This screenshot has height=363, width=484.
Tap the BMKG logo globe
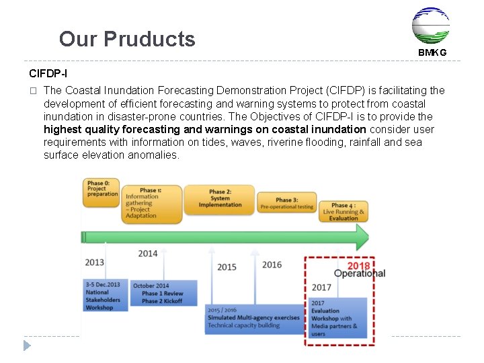tap(430, 26)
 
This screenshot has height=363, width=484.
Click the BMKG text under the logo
tap(432, 52)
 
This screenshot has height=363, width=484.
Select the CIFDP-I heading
tap(48, 73)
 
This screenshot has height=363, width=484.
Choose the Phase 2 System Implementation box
tap(219, 199)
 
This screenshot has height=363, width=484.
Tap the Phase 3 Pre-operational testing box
tap(286, 203)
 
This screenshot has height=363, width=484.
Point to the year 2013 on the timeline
tap(95, 262)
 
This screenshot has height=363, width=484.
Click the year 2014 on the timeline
tap(147, 253)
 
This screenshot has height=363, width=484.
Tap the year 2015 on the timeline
tap(227, 267)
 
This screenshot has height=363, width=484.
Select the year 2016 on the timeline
tap(272, 265)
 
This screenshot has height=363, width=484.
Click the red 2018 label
tap(358, 266)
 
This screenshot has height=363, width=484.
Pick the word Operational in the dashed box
tap(360, 274)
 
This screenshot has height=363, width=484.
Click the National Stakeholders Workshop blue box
tap(104, 296)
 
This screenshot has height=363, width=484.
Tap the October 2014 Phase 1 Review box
tap(163, 293)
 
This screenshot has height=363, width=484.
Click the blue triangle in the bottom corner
tap(28, 346)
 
